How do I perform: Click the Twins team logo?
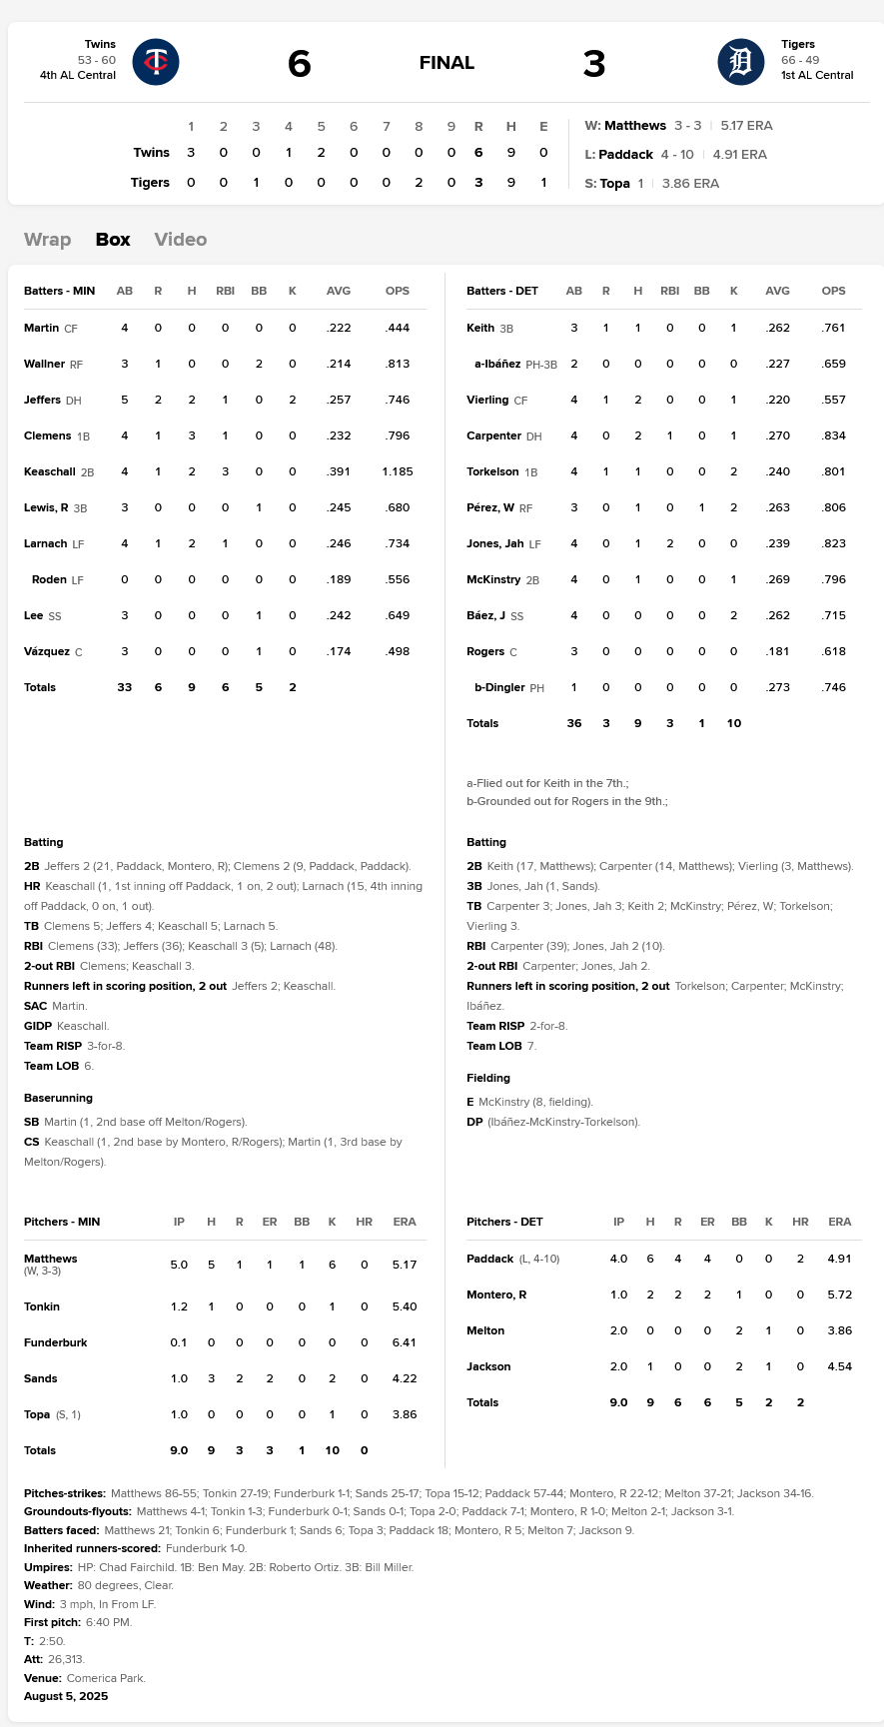(156, 62)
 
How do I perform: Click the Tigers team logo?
(740, 62)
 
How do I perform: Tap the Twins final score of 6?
(299, 64)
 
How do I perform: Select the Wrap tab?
(47, 240)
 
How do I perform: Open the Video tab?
(180, 240)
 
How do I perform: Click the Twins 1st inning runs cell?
(191, 153)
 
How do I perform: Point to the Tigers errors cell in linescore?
(543, 183)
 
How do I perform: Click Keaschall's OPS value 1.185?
(397, 471)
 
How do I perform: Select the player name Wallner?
(44, 364)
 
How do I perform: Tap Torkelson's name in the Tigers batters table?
(492, 471)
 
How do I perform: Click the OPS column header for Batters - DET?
(833, 291)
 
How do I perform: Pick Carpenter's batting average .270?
(777, 435)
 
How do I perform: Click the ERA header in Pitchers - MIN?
(404, 1222)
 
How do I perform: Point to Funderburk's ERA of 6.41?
(404, 1342)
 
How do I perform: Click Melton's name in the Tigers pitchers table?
(485, 1330)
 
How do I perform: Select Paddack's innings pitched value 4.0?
(618, 1259)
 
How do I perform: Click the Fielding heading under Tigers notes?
(488, 1078)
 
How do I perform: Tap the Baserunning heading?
(58, 1098)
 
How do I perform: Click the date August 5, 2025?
(66, 1696)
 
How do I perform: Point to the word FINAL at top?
(446, 64)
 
